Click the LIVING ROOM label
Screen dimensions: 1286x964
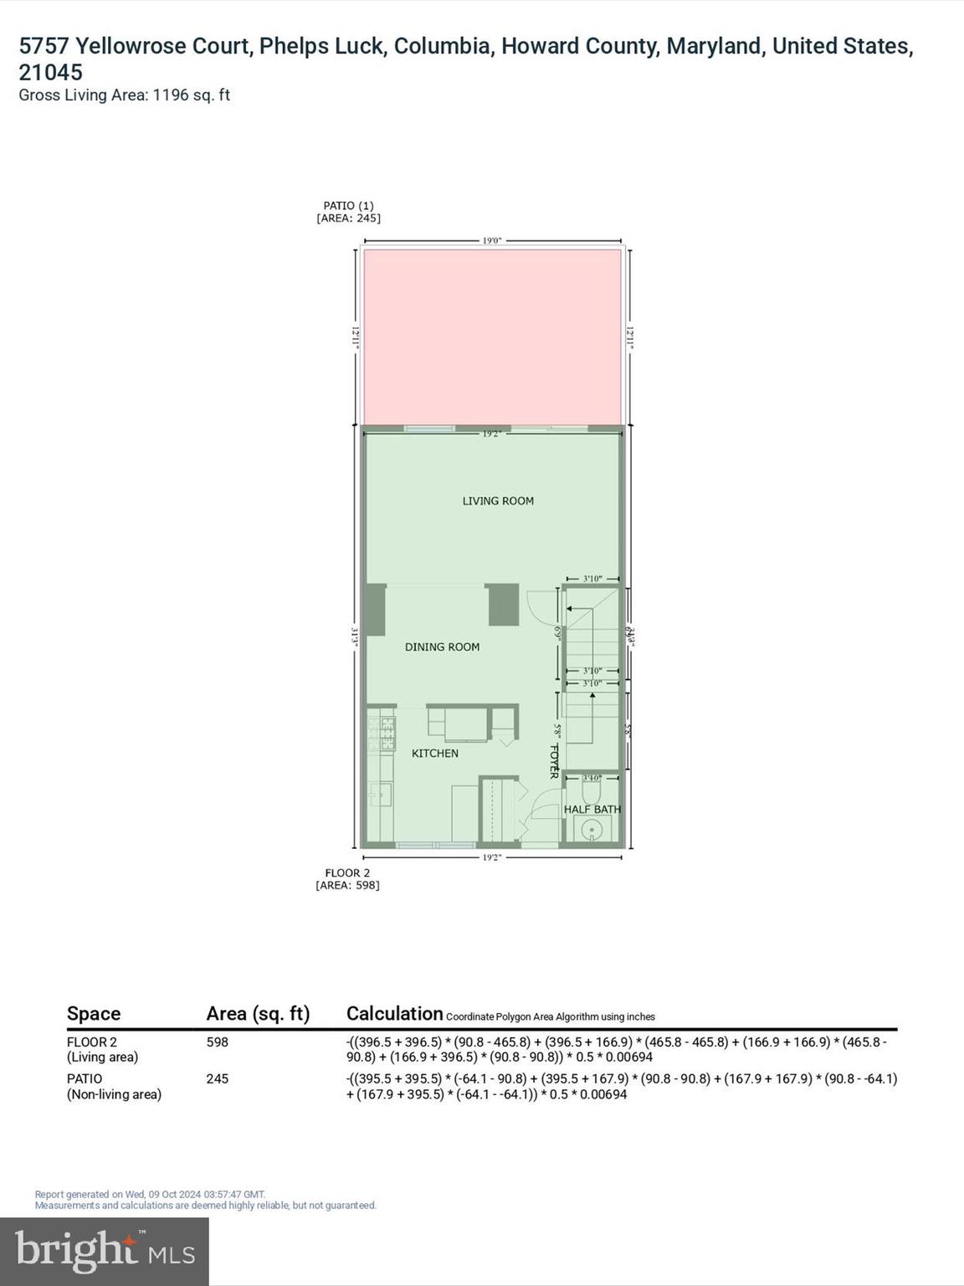[498, 501]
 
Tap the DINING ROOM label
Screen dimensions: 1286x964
[442, 646]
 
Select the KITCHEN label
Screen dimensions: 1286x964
[434, 753]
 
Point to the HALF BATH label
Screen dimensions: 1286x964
[592, 809]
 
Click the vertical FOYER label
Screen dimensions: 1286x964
[553, 761]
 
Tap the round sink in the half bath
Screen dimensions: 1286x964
[592, 831]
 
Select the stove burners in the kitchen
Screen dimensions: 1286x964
[388, 733]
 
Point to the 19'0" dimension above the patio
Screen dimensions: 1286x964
[491, 240]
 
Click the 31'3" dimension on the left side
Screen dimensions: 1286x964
[355, 637]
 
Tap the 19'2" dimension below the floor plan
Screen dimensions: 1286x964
[491, 857]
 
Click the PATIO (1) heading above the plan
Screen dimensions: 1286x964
[348, 205]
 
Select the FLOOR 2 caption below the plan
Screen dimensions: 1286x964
[347, 872]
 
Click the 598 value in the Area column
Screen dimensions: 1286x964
[218, 1042]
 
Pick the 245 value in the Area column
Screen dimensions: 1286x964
[218, 1079]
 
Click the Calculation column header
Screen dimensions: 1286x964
[394, 1013]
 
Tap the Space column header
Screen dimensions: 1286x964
[94, 1013]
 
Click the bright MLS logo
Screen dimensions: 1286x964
[105, 1251]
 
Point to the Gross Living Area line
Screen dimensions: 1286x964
[124, 95]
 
